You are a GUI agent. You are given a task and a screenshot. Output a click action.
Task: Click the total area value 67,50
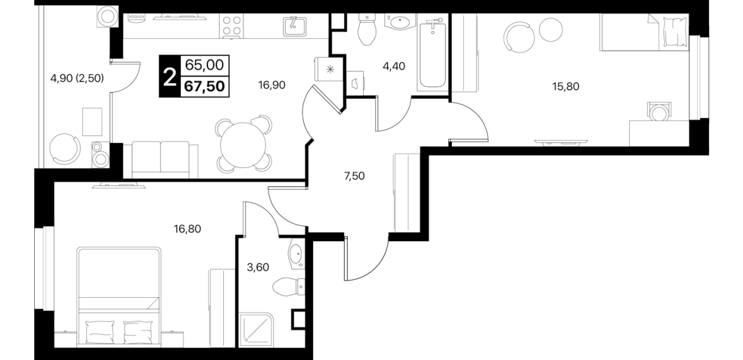[204, 87]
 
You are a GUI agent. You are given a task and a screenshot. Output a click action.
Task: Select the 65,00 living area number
[204, 65]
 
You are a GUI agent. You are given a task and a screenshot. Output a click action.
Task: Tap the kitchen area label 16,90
[272, 85]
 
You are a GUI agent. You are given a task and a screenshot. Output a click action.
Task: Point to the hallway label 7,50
[354, 176]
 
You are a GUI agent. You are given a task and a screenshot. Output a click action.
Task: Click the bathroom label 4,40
[393, 66]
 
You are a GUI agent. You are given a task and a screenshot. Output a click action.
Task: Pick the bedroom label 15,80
[565, 87]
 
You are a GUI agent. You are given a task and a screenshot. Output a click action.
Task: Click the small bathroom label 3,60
[258, 267]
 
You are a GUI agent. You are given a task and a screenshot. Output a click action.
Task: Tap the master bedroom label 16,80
[187, 229]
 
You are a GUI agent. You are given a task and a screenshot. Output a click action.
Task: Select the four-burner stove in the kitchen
[231, 26]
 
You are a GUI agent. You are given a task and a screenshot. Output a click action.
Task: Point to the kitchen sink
[295, 26]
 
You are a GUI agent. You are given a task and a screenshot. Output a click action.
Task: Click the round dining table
[243, 145]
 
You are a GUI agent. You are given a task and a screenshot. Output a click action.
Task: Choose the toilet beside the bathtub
[367, 30]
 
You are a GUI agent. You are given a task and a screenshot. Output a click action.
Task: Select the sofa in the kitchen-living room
[160, 160]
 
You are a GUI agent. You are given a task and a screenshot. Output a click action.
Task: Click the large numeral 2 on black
[170, 77]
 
